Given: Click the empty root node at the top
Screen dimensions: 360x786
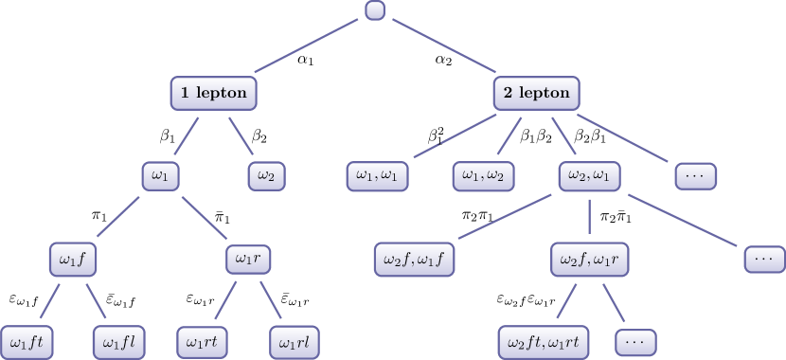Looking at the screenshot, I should [375, 11].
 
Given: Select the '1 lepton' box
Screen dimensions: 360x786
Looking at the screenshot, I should [214, 93].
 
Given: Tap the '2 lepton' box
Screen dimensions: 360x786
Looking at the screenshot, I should [537, 93].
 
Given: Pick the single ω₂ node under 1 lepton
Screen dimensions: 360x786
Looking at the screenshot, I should [266, 175].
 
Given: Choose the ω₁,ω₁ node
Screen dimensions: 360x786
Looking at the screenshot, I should [377, 175].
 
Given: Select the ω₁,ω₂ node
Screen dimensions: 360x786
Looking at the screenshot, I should [483, 175].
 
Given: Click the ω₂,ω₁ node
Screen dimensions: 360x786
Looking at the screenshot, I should [589, 175].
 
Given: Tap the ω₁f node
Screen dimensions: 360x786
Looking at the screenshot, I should [75, 258].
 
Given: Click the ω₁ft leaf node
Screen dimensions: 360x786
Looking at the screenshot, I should [28, 340].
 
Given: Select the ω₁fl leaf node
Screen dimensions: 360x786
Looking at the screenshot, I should [119, 340].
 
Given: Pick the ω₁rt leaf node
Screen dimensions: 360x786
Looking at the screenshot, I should [205, 340].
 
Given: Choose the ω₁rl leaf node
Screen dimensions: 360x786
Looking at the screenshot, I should [295, 340].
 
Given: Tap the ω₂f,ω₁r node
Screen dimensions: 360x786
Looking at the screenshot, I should [589, 258].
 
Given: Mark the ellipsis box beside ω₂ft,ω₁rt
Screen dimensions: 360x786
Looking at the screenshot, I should [635, 340].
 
